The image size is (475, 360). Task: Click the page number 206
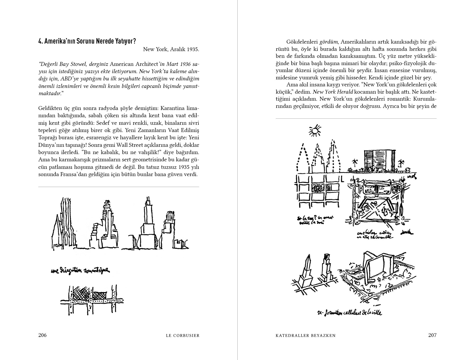[43, 335]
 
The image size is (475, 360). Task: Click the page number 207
[432, 335]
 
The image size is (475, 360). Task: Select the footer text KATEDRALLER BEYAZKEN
[305, 335]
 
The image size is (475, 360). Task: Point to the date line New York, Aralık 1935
[171, 49]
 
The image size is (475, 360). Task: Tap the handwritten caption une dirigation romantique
[80, 271]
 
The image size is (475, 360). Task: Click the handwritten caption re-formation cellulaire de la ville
[349, 313]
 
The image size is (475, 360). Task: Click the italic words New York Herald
[333, 92]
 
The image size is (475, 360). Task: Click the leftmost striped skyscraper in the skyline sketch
[65, 223]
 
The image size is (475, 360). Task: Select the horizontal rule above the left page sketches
[119, 187]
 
